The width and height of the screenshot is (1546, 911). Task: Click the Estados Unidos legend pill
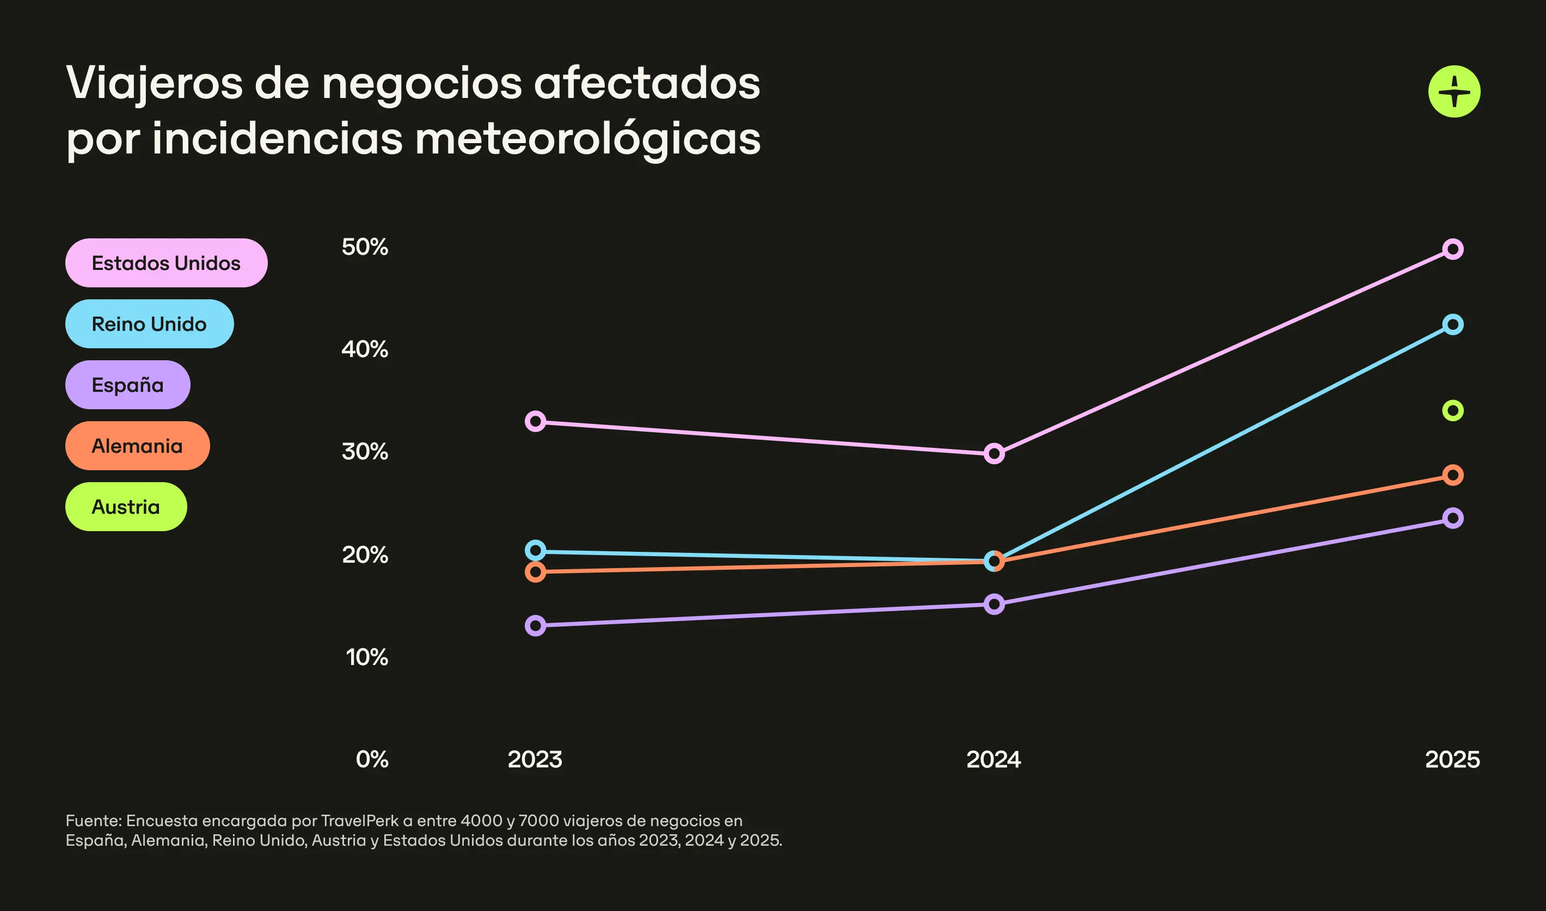click(166, 263)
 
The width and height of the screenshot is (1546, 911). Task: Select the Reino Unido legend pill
click(149, 323)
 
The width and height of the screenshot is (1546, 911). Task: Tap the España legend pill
click(128, 384)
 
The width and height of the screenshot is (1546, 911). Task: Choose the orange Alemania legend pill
click(138, 446)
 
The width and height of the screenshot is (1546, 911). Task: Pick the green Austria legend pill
click(126, 507)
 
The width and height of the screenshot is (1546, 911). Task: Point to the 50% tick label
click(365, 247)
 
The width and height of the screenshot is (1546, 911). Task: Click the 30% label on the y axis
click(365, 452)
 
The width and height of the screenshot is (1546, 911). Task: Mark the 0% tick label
click(371, 759)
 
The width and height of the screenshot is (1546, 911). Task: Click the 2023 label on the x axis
click(535, 759)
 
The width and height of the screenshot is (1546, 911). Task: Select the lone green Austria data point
click(1453, 410)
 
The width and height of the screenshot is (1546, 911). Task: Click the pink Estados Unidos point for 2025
click(1453, 249)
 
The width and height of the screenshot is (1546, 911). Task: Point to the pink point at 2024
click(994, 454)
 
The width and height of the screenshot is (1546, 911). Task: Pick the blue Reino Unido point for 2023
click(536, 550)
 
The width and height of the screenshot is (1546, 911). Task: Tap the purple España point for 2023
click(536, 625)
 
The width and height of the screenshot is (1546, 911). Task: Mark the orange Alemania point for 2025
click(1453, 475)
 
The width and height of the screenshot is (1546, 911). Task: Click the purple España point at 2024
click(994, 604)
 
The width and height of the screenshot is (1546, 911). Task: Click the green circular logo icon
click(1454, 91)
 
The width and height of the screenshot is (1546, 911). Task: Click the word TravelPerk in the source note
click(360, 821)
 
